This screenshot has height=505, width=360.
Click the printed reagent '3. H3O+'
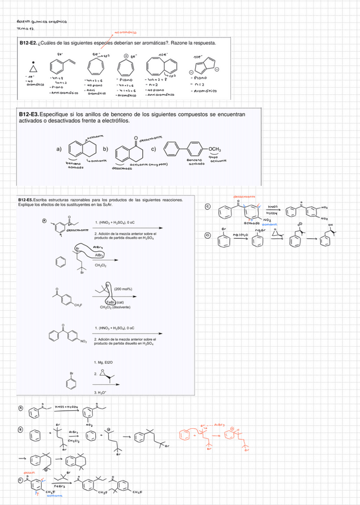pos(101,392)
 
